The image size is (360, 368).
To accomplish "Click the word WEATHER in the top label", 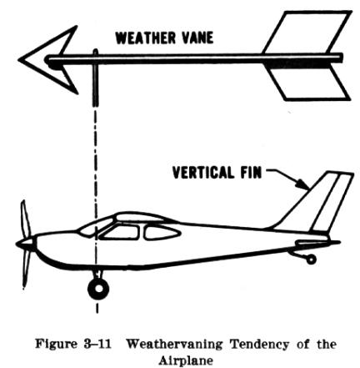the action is pyautogui.click(x=146, y=38).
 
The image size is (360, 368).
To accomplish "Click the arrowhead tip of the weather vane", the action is pyautogui.click(x=19, y=59).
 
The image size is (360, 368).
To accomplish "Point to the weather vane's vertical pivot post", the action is pyautogui.click(x=95, y=78).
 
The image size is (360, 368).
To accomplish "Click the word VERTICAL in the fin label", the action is pyautogui.click(x=203, y=173).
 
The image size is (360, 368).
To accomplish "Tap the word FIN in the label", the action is pyautogui.click(x=251, y=173).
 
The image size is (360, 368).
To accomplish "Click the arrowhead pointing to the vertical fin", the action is pyautogui.click(x=303, y=184).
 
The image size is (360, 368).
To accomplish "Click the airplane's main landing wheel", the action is pyautogui.click(x=98, y=289).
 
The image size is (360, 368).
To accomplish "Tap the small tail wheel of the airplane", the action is pyautogui.click(x=311, y=260).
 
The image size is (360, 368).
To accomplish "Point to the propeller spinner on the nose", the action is pyautogui.click(x=26, y=244).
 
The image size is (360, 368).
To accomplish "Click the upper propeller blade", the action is pyautogui.click(x=25, y=219).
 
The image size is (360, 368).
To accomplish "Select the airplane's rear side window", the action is pyautogui.click(x=161, y=233).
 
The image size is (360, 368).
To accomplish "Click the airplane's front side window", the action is pyautogui.click(x=120, y=233).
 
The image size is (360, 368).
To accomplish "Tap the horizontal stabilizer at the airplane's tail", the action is pyautogui.click(x=317, y=243).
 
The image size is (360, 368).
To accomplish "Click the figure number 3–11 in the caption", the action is pyautogui.click(x=97, y=344).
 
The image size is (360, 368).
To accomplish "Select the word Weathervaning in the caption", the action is pyautogui.click(x=174, y=345).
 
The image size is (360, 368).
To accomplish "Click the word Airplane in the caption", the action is pyautogui.click(x=186, y=360).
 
